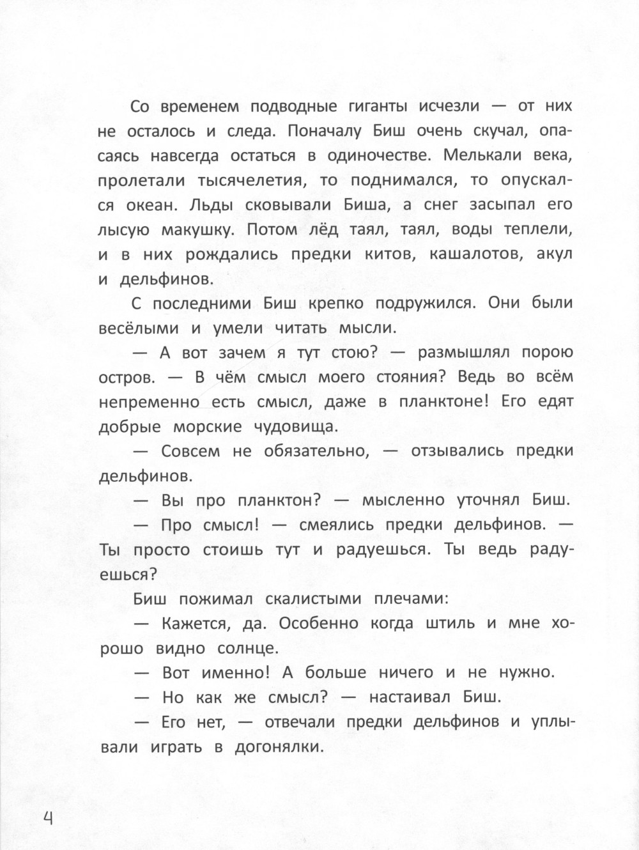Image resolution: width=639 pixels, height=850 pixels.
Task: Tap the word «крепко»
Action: [x=339, y=304]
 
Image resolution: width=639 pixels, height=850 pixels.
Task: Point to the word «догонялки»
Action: [x=277, y=747]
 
